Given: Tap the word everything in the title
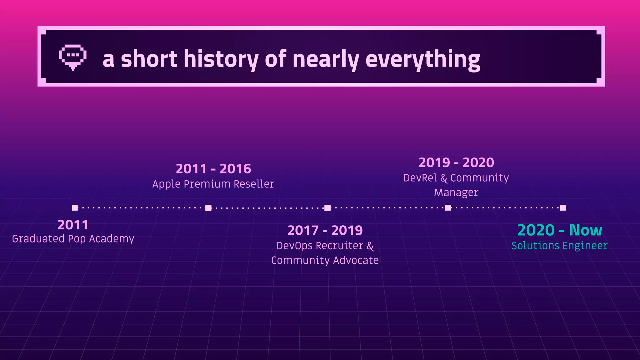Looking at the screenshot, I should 422,59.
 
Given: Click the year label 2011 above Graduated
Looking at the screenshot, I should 73,225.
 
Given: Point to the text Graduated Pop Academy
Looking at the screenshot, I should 73,239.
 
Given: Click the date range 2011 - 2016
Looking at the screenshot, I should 213,169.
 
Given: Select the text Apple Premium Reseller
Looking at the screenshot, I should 213,184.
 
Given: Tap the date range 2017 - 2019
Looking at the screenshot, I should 325,231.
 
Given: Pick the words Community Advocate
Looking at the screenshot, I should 325,260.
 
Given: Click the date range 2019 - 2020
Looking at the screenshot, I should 456,162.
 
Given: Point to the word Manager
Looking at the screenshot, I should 456,192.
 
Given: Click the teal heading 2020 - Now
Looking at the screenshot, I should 559,230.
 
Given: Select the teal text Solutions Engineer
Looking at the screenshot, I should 559,246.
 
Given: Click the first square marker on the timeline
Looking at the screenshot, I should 75,208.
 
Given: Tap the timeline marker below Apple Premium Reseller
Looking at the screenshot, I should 208,208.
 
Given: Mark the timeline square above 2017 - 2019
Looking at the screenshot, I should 327,208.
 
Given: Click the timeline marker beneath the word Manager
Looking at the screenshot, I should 448,208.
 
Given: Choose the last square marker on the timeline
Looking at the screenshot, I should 563,208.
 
